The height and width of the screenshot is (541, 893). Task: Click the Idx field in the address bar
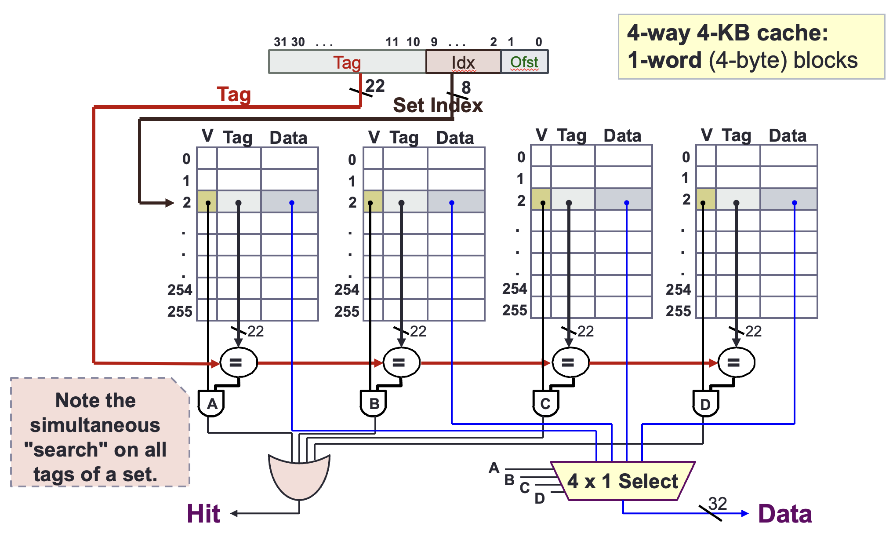(463, 62)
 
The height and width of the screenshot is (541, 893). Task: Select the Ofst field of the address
(524, 62)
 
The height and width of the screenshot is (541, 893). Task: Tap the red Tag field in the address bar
(347, 62)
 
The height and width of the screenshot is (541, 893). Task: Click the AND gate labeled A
(211, 403)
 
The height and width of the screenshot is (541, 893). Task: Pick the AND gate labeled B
(374, 403)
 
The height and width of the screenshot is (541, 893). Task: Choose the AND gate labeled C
(545, 403)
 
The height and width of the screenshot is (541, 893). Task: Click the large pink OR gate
(299, 477)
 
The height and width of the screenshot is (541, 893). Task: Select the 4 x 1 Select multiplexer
(623, 481)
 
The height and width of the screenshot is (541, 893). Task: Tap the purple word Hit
(203, 514)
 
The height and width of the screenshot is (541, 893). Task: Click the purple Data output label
(785, 514)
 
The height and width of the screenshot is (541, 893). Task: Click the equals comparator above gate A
(238, 362)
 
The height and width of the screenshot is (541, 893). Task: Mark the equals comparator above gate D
(736, 362)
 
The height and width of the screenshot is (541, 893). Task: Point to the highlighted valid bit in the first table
(207, 201)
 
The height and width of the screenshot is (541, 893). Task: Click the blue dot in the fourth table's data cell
(795, 203)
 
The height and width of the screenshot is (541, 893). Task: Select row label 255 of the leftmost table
(180, 311)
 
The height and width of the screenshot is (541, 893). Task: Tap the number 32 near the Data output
(718, 503)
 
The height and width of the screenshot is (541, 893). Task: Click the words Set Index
(438, 106)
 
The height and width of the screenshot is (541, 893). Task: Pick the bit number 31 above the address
(280, 42)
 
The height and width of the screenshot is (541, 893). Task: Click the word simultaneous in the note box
(95, 425)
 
